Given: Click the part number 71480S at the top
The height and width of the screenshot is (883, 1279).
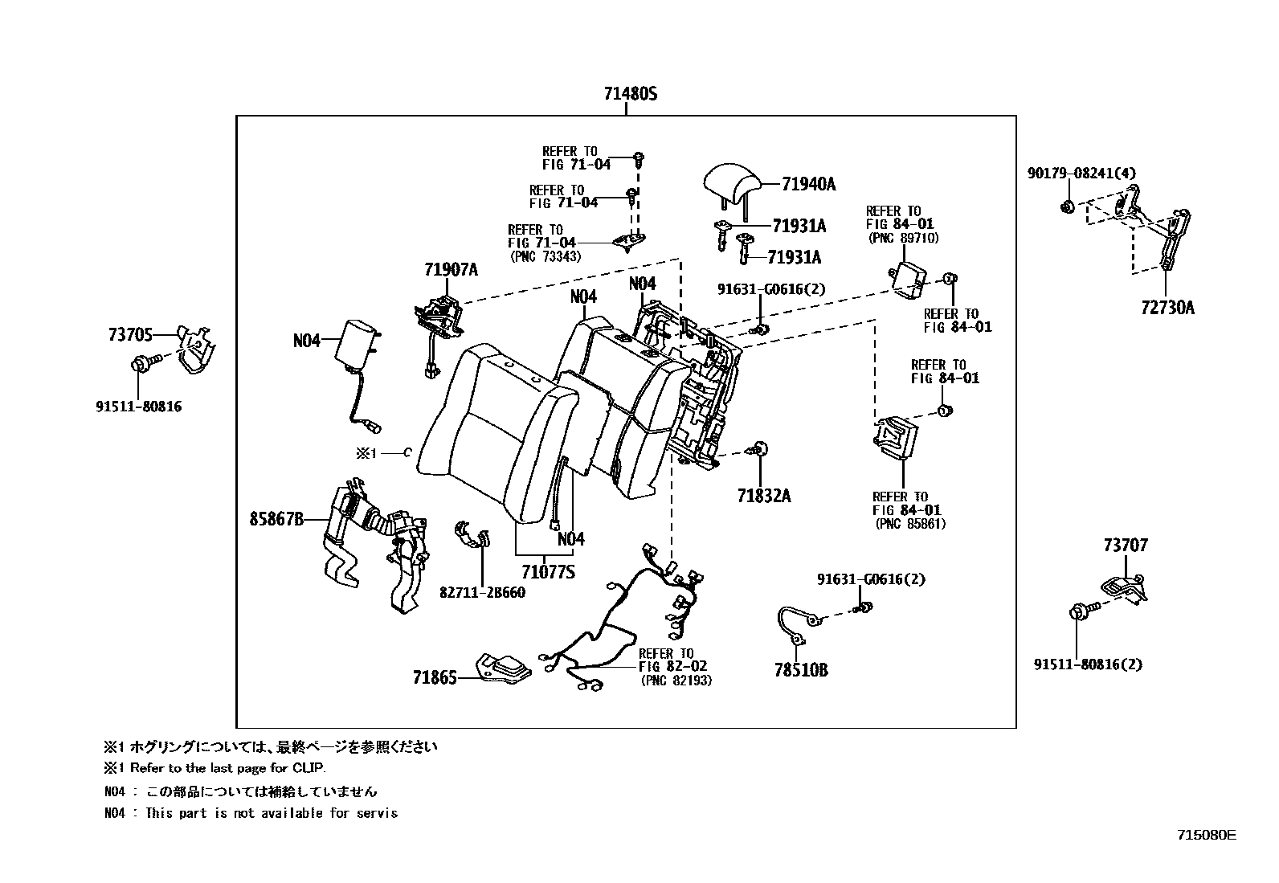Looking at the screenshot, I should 631,94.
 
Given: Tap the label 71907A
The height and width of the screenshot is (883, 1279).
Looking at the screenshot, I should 451,270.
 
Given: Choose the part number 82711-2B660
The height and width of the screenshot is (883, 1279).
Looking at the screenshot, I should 482,592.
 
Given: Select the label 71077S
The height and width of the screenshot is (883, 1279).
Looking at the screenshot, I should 548,572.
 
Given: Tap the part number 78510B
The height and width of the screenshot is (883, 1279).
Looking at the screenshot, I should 801,669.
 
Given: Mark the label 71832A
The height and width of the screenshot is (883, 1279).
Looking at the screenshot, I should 764,496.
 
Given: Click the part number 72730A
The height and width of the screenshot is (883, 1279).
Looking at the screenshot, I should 1167,307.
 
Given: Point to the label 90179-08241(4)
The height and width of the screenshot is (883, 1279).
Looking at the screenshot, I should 1081,173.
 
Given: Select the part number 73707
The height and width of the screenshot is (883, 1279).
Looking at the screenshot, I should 1126,546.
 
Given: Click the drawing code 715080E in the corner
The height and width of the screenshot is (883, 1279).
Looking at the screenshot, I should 1206,835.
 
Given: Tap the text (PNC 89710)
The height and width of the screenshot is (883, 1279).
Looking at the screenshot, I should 904,238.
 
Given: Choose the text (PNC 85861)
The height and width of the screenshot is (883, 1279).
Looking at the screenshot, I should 910,524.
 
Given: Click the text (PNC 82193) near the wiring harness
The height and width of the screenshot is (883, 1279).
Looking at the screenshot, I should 676,681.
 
